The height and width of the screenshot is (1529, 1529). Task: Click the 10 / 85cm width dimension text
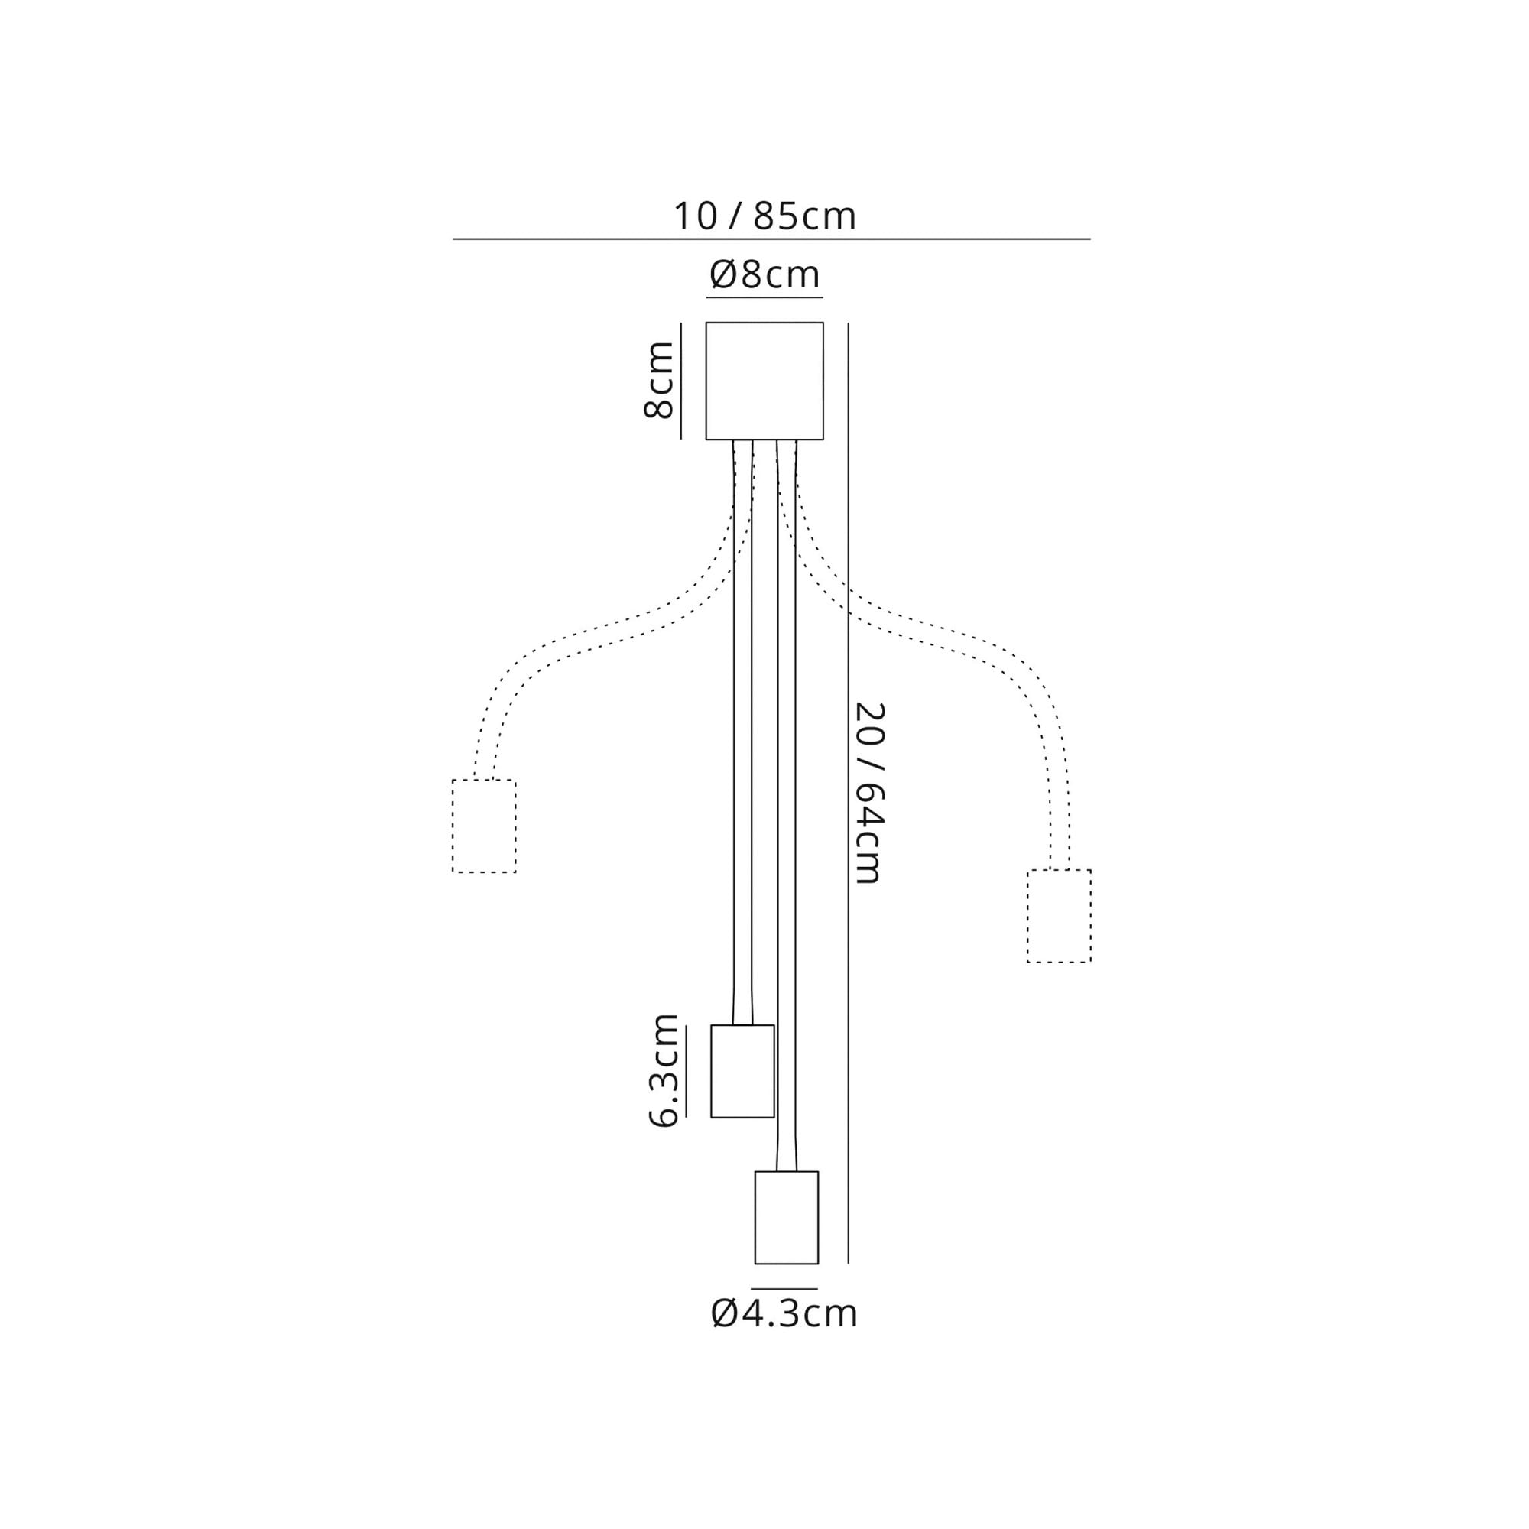[764, 216]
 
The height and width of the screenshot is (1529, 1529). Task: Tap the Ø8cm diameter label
[764, 275]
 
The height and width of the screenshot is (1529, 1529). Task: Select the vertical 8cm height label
[658, 380]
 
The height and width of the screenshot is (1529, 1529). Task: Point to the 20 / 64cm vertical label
[869, 793]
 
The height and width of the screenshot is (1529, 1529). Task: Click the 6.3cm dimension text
[663, 1070]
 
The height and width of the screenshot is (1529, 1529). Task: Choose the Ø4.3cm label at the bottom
[784, 1313]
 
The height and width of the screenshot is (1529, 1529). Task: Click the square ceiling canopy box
[764, 381]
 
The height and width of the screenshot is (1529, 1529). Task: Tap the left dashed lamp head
[484, 826]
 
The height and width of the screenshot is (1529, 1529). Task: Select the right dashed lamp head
[1059, 917]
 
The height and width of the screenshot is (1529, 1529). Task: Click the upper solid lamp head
[742, 1071]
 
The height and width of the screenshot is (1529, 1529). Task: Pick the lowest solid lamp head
[786, 1217]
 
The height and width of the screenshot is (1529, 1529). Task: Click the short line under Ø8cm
[764, 297]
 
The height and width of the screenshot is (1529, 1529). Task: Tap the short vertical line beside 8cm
[680, 380]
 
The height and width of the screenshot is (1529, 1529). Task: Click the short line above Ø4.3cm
[784, 1289]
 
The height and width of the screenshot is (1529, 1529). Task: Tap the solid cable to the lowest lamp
[786, 871]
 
